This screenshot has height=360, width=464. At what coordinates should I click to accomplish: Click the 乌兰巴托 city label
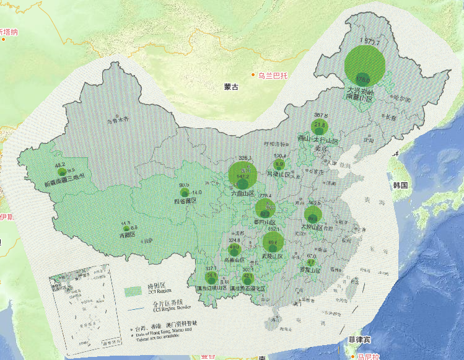(x=273, y=76)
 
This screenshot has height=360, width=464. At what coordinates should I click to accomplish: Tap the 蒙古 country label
(x=232, y=87)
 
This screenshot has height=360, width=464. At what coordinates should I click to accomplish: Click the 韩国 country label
(x=400, y=185)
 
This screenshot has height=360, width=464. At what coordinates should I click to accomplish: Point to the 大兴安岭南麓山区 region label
(x=361, y=94)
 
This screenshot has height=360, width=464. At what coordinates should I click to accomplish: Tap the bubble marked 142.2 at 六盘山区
(x=243, y=177)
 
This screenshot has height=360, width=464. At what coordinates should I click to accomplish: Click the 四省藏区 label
(x=185, y=201)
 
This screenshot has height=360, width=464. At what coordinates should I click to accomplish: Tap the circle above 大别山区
(x=313, y=216)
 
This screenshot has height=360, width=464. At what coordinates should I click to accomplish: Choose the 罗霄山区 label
(x=310, y=271)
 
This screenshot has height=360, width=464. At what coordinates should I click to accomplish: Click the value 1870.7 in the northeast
(x=369, y=42)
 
